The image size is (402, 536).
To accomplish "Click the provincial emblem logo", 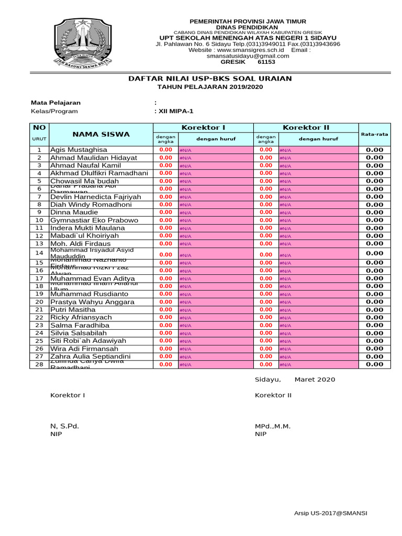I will pos(82,45).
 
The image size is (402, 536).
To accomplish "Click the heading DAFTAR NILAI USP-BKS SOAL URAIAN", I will pos(210,79).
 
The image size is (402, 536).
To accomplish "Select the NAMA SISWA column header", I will pos(101,134).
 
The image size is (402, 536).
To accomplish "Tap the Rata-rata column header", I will pos(374,134).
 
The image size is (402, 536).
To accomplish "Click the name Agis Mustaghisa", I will pos(79,150).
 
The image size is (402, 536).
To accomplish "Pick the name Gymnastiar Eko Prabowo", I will pos(94,220).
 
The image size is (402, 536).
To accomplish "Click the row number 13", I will pos(39,244).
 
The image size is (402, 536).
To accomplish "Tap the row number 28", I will pos(39,364).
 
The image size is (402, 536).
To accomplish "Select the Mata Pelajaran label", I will pos(55,103).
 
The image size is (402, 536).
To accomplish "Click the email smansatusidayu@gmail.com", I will pos(248,56).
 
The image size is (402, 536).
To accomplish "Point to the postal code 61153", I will pos(266,62).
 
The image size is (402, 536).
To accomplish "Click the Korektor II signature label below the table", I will pos(273,395).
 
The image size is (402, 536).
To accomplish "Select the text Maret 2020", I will pos(315,379).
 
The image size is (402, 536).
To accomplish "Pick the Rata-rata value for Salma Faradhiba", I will pos(374,325).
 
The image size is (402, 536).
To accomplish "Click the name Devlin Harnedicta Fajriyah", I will pos(96,197).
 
